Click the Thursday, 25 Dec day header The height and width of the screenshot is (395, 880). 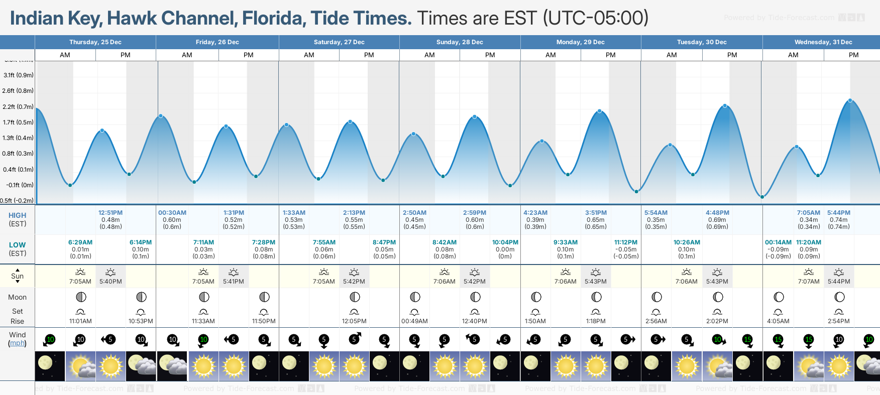coord(95,42)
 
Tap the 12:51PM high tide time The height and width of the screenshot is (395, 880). coord(111,213)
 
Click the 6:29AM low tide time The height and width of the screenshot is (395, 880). coord(80,242)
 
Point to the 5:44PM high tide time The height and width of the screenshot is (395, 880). coord(839,213)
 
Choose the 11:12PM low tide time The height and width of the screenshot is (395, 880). coord(626,242)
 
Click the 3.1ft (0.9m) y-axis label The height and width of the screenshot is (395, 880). coord(19,75)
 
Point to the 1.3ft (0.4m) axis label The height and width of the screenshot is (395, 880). coord(19,138)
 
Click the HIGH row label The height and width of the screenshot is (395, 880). coord(17,215)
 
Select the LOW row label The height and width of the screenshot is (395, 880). coord(17,245)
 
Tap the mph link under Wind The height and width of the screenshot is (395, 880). coord(17,343)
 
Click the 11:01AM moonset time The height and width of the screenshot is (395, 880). coord(80,321)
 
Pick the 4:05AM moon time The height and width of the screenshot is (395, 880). coord(778,321)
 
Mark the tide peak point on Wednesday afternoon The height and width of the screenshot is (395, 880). coord(850,100)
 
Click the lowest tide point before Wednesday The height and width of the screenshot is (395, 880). coord(762,197)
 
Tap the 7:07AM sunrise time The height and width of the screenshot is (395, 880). coord(809,282)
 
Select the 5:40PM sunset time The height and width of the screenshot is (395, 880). coord(111,282)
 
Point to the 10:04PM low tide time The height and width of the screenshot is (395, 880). coord(505,242)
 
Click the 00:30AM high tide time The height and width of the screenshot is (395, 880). coord(172,213)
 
